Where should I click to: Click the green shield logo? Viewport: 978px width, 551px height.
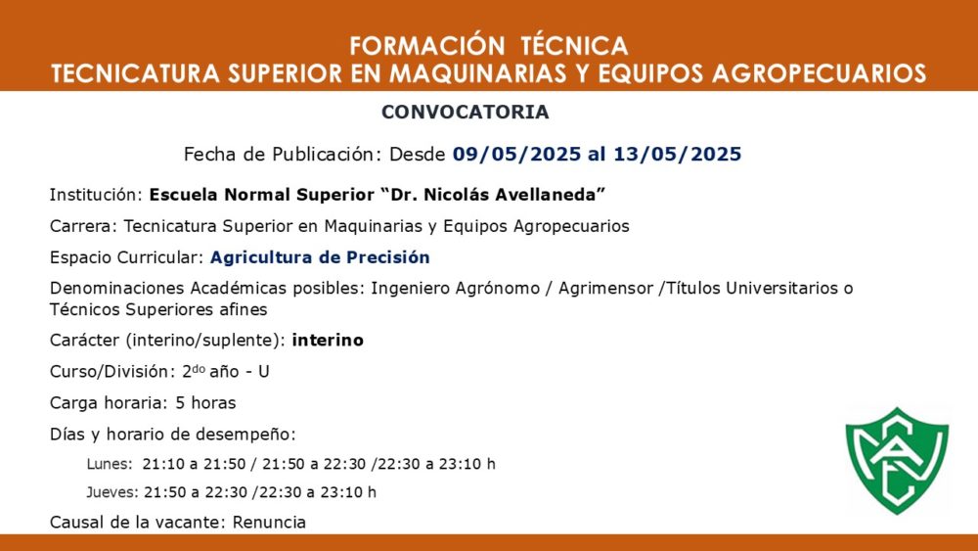(x=897, y=461)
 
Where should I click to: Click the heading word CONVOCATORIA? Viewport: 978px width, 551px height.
(x=466, y=112)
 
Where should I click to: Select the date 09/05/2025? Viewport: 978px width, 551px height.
(x=516, y=154)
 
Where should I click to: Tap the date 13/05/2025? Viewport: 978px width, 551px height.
(x=678, y=154)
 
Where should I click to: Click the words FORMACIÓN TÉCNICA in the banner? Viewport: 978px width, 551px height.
(x=488, y=46)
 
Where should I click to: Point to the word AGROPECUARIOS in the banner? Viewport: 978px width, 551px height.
(x=819, y=73)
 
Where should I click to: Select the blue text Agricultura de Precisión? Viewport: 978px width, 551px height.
(x=320, y=257)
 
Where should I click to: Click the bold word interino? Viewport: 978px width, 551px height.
(x=328, y=340)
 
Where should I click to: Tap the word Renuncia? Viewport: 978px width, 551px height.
(x=270, y=523)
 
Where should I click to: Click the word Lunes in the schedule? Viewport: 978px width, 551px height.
(x=110, y=464)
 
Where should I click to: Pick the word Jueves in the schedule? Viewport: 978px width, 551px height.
(x=112, y=492)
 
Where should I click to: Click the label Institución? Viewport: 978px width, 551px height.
(x=97, y=195)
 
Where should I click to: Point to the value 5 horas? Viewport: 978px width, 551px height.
(x=205, y=403)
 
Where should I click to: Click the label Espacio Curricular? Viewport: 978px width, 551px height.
(x=126, y=257)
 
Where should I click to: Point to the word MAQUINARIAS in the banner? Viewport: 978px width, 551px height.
(x=478, y=73)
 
